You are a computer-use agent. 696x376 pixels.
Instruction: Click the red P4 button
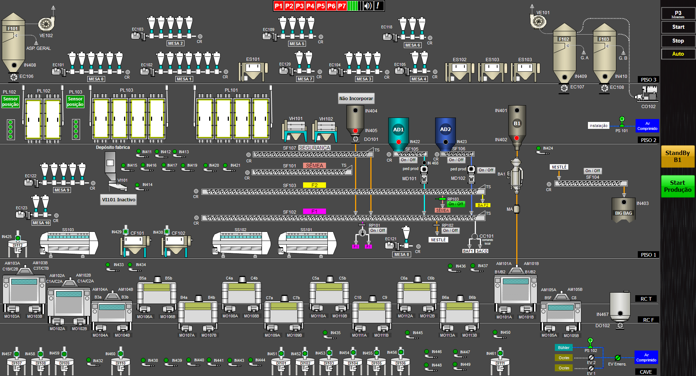(310, 6)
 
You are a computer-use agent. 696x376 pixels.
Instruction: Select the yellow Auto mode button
(678, 54)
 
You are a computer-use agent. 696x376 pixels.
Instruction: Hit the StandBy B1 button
(677, 157)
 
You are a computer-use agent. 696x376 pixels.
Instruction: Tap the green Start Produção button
(677, 186)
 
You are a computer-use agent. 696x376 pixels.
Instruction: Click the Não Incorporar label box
(356, 98)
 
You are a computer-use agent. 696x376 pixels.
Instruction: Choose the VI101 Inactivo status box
(119, 199)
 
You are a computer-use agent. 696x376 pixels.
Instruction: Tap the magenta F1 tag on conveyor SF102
(314, 211)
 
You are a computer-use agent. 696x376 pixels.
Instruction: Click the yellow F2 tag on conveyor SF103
(314, 185)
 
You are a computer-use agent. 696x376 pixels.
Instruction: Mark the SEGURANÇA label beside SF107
(314, 148)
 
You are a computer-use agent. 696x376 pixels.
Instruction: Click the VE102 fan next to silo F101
(46, 24)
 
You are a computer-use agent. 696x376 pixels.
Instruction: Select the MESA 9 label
(62, 190)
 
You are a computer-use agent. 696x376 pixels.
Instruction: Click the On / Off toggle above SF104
(592, 171)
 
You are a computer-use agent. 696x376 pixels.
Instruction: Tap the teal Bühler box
(564, 348)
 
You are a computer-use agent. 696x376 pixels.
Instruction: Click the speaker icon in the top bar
(368, 6)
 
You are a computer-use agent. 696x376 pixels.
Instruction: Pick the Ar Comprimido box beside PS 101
(647, 126)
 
